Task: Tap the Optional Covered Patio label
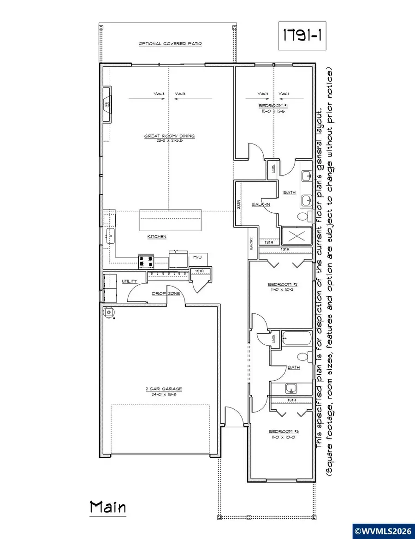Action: [171, 44]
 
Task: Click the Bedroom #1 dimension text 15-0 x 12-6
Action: [274, 111]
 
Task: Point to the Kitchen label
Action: [157, 237]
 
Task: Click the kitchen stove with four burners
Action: [146, 262]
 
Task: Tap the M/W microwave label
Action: [198, 257]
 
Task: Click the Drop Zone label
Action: [162, 293]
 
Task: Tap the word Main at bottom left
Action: [107, 508]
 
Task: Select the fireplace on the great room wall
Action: [106, 105]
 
